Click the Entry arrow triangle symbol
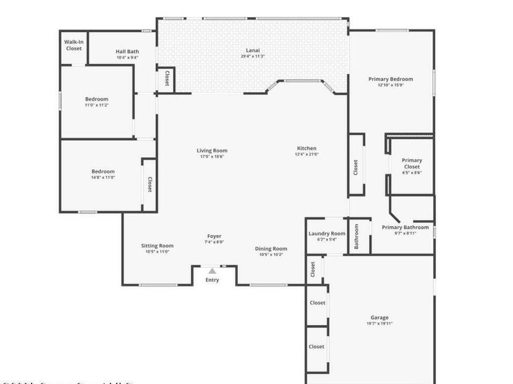coord(212,271)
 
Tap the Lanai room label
coord(252,50)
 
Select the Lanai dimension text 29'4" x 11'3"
coord(252,56)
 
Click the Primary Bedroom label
coord(391,79)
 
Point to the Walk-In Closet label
coord(74,45)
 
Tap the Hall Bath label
coord(127,51)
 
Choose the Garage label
coord(379,317)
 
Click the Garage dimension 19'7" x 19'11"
coord(379,323)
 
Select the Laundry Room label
coord(327,233)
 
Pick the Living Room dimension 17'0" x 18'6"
coord(212,156)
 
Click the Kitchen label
coord(307,148)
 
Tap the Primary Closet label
coord(412,163)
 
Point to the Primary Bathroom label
coord(405,227)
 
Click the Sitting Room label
coord(157,245)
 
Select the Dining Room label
coord(271,248)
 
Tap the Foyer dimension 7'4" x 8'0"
coord(214,242)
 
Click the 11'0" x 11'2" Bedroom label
coord(97,99)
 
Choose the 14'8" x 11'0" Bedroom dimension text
coord(103,177)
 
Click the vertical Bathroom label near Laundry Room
coord(357,236)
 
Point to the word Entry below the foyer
coord(212,280)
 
